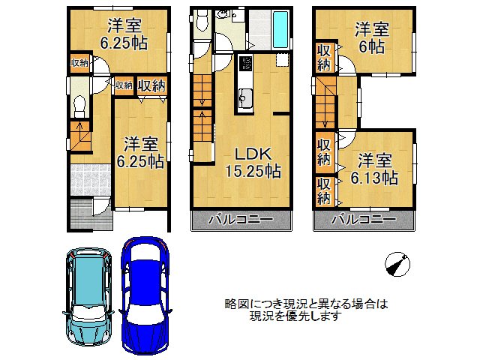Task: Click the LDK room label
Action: (x=253, y=154)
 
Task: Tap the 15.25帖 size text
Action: (x=253, y=171)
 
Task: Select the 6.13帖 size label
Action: (x=374, y=178)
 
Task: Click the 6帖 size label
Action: (x=371, y=47)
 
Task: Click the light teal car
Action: (x=88, y=296)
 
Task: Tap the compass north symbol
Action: (x=397, y=264)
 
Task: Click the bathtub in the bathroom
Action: (x=280, y=29)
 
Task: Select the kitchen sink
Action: (x=245, y=98)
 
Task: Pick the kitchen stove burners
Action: (x=245, y=64)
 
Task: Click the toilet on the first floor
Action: (x=80, y=106)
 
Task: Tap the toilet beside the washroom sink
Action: (x=202, y=19)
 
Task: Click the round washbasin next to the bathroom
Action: (x=221, y=13)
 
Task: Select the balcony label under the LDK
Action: (x=241, y=219)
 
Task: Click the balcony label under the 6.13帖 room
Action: (x=364, y=219)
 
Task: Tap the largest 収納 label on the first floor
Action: (x=151, y=85)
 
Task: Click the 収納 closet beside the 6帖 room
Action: (x=324, y=57)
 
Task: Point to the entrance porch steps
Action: (x=82, y=214)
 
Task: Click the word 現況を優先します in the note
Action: (x=295, y=316)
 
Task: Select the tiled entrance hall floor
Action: (x=91, y=180)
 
